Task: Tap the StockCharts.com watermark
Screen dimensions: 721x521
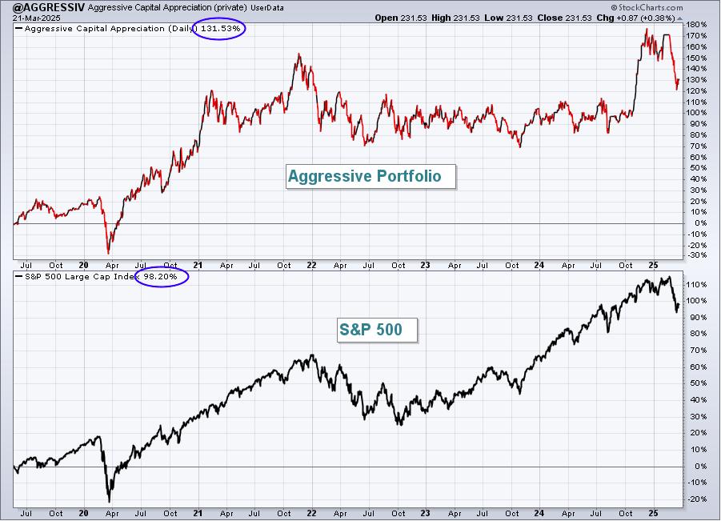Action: tap(647, 7)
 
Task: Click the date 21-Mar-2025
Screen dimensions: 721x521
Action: tap(30, 18)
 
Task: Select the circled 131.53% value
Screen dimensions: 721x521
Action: tap(220, 29)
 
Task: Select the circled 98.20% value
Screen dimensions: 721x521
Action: tap(160, 276)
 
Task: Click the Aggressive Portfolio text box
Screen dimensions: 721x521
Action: tap(371, 177)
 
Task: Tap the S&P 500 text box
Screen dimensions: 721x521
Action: tap(377, 331)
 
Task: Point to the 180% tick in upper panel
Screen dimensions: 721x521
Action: tap(698, 24)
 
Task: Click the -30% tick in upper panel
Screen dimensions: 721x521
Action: tap(698, 255)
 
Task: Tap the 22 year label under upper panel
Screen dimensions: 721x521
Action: tap(311, 266)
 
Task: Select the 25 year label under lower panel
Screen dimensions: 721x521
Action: tap(653, 513)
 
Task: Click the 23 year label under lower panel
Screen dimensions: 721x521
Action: tap(426, 513)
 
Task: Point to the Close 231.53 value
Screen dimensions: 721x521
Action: tap(565, 18)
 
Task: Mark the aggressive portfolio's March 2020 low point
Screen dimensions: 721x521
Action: tap(109, 252)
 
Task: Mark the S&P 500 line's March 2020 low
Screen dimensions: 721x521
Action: tap(109, 501)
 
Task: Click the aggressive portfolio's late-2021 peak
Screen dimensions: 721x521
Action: tap(299, 54)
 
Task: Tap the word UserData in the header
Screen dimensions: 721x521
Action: tap(267, 8)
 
